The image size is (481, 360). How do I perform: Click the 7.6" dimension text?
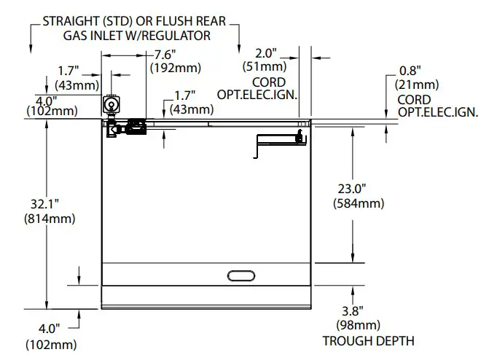click(166, 55)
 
